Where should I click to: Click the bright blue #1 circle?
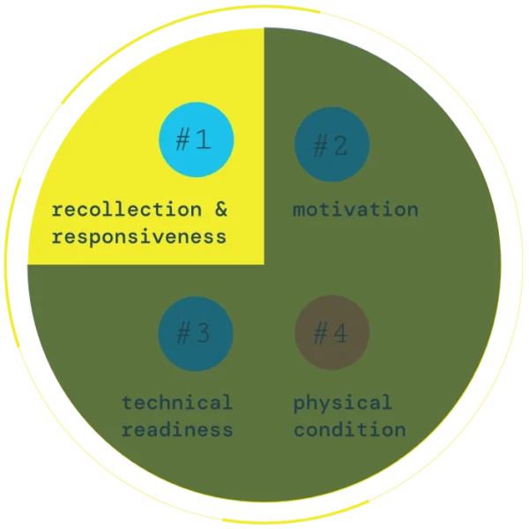196,140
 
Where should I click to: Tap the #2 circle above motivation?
332,145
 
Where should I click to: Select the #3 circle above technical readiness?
196,333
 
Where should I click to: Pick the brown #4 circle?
332,333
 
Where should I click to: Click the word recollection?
127,211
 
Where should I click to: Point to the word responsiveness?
139,237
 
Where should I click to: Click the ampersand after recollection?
220,211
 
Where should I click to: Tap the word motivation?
355,210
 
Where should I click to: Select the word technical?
177,403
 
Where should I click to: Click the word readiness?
177,429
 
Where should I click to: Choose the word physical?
342,404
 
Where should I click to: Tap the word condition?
349,429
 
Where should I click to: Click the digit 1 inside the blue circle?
205,140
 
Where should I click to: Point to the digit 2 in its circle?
340,145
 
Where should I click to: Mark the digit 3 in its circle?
204,333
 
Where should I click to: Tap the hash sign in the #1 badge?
185,140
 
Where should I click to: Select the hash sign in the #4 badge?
321,333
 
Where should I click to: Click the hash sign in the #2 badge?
321,145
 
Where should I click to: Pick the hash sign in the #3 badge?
185,333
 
